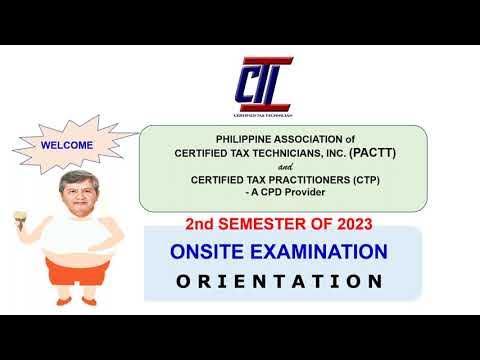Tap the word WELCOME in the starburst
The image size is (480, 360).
coord(67,144)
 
